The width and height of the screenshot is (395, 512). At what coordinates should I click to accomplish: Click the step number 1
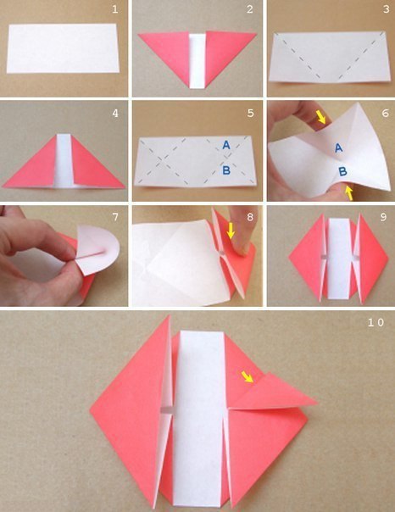pyautogui.click(x=115, y=9)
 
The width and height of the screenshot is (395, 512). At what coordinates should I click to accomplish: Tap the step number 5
pyautogui.click(x=250, y=114)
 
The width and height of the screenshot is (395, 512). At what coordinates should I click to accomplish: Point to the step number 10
pyautogui.click(x=376, y=323)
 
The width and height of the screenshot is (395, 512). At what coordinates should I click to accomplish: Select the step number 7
pyautogui.click(x=115, y=217)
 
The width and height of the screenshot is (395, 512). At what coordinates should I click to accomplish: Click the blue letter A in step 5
pyautogui.click(x=226, y=145)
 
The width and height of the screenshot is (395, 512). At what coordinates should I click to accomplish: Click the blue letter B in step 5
pyautogui.click(x=226, y=170)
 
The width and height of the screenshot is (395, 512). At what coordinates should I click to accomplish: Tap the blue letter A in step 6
pyautogui.click(x=338, y=148)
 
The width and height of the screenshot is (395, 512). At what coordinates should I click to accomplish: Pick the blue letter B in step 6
pyautogui.click(x=342, y=171)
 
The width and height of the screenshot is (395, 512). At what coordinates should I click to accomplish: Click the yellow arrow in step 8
pyautogui.click(x=231, y=231)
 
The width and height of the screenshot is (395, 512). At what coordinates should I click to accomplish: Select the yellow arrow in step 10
pyautogui.click(x=248, y=376)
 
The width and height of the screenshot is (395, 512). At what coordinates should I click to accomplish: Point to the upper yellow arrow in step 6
pyautogui.click(x=321, y=117)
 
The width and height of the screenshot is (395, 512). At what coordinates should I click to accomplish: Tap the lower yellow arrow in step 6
pyautogui.click(x=349, y=192)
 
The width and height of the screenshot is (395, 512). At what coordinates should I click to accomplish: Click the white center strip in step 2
pyautogui.click(x=197, y=60)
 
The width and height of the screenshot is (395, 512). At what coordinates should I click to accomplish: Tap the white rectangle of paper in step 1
pyautogui.click(x=63, y=48)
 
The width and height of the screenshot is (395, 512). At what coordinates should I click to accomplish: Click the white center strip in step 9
pyautogui.click(x=340, y=258)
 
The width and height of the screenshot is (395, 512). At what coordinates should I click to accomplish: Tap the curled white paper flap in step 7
pyautogui.click(x=97, y=249)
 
